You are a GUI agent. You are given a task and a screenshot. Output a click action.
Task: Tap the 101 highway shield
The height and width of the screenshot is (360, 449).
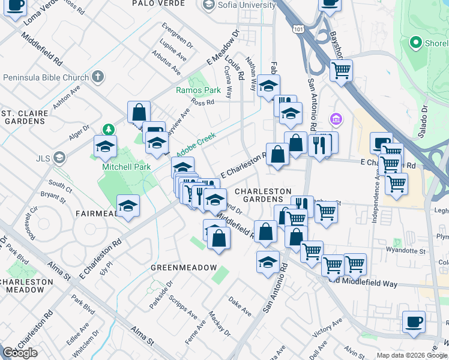(299, 29)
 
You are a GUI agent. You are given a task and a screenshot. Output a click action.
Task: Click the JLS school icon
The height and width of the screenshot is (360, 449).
(59, 158)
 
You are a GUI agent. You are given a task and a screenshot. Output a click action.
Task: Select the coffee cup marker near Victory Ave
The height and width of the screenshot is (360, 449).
(414, 323)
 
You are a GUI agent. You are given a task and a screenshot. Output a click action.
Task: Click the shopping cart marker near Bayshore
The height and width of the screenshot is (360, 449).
(341, 70)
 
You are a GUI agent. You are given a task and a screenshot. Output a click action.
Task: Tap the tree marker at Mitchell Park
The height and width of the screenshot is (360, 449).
(108, 130)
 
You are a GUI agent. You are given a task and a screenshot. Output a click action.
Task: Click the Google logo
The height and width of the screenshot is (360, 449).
(20, 353)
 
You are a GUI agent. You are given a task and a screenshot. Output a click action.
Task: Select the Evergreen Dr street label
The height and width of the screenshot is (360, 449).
(178, 35)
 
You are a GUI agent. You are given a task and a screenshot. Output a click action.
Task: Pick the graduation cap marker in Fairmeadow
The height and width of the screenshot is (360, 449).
(128, 206)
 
